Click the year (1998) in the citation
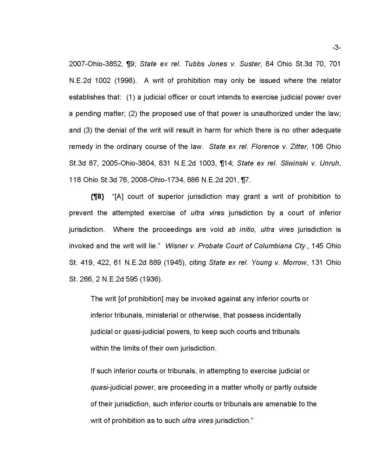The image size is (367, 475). (124, 80)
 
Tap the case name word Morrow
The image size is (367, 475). (293, 262)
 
